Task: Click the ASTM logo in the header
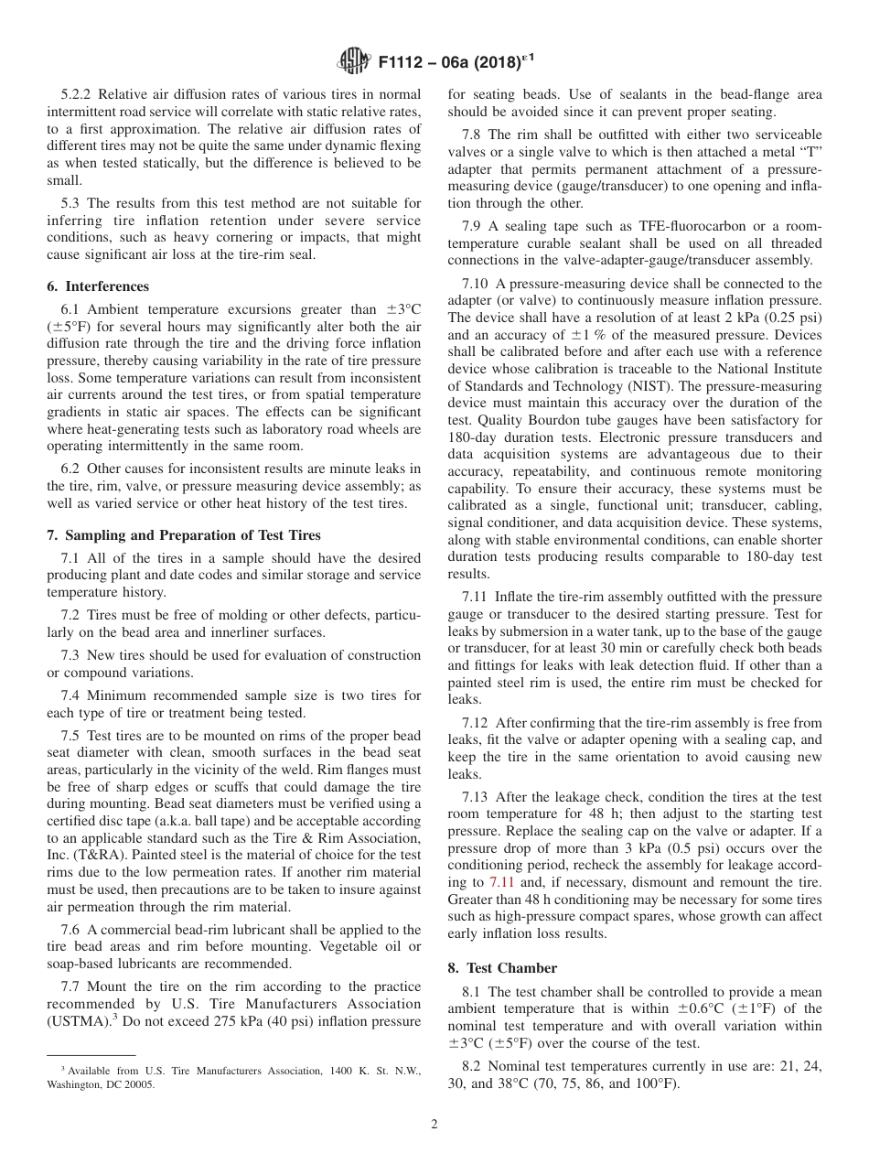(352, 61)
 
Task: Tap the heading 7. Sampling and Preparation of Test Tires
(184, 535)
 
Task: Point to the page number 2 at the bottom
(434, 1125)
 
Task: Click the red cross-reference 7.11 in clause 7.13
(499, 882)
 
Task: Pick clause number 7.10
(480, 284)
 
